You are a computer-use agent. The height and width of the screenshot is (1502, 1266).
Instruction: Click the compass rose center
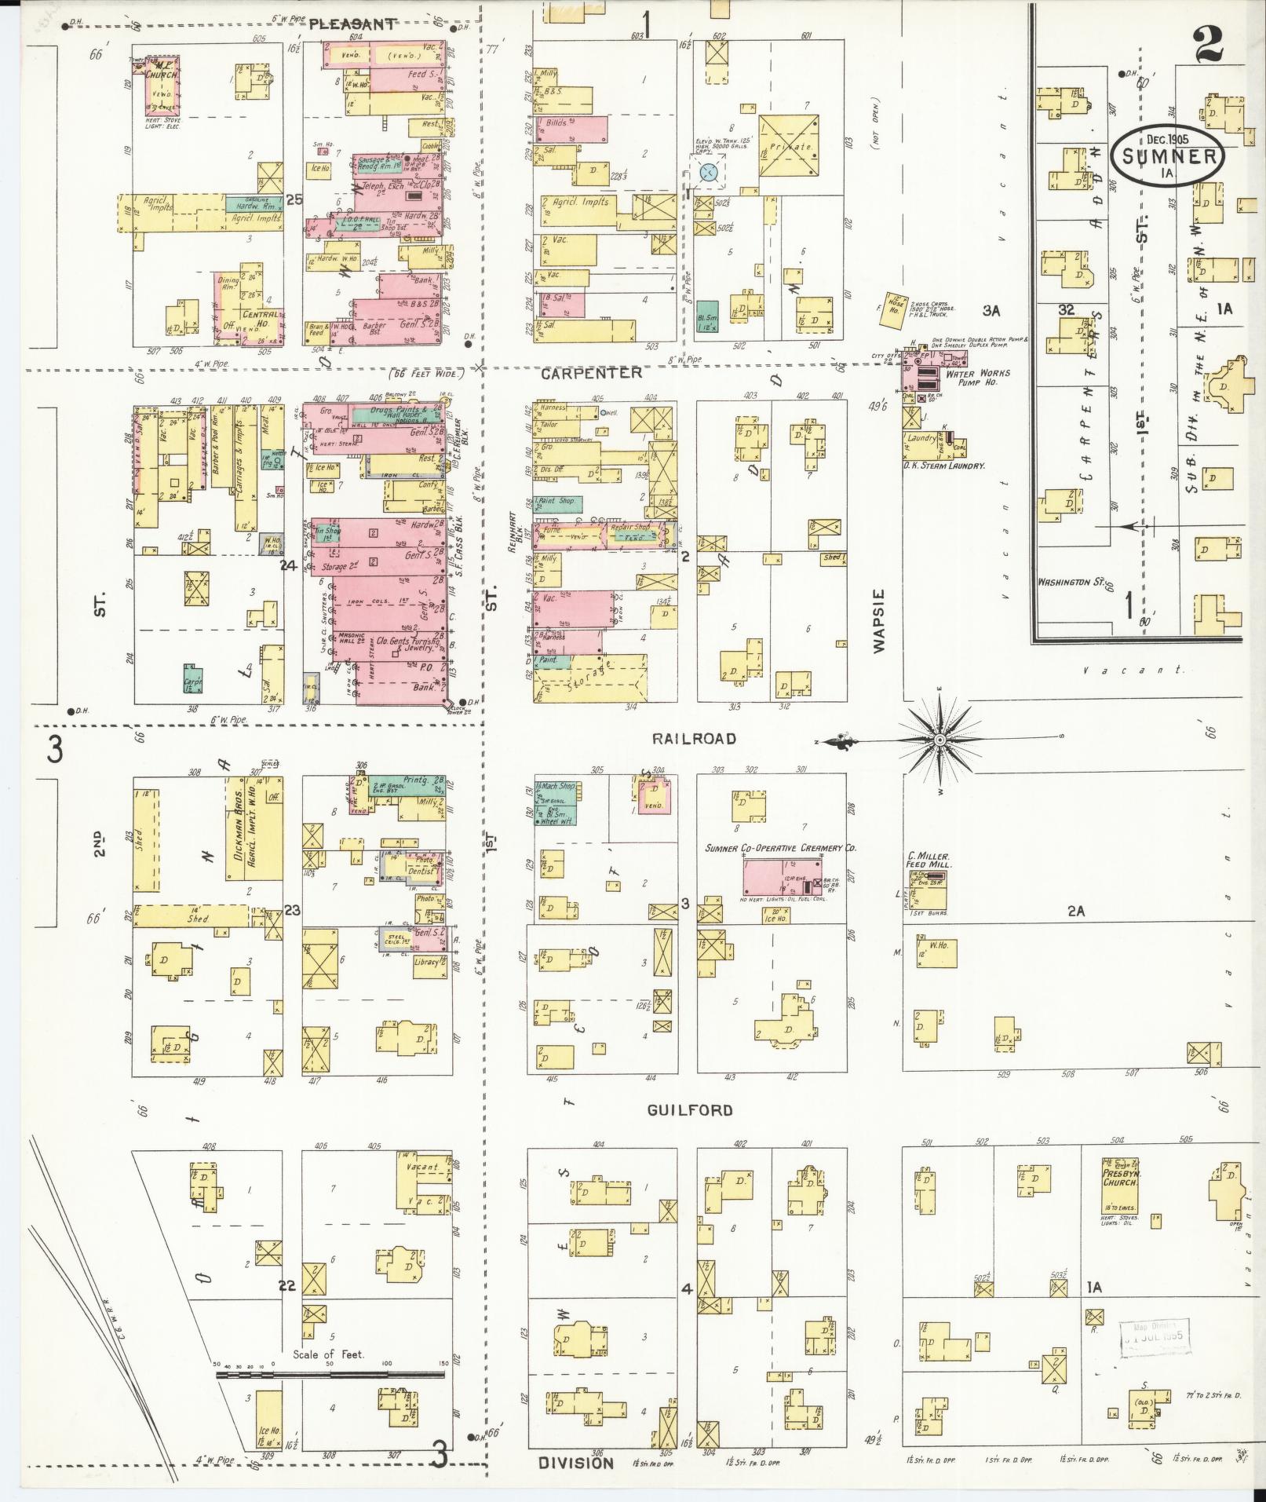[939, 740]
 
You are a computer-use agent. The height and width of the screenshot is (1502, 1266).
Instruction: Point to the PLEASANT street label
[352, 24]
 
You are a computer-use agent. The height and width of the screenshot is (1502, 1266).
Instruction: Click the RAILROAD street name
[694, 739]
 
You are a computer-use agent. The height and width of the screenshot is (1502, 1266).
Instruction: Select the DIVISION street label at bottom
[575, 1464]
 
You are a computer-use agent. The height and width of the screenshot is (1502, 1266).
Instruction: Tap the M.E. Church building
[164, 84]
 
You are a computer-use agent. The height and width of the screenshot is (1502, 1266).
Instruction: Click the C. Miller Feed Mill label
[929, 860]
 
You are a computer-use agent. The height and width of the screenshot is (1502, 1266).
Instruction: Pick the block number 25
[294, 199]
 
